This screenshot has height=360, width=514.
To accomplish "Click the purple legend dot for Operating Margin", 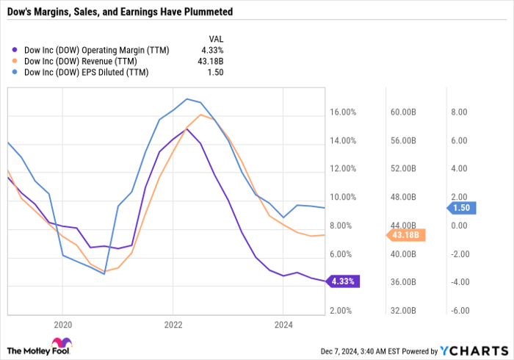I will click(17, 50).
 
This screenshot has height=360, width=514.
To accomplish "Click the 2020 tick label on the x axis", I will click(62, 323).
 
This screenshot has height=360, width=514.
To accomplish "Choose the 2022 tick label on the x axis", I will click(173, 323).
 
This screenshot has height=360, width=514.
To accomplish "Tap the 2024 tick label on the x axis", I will click(283, 323).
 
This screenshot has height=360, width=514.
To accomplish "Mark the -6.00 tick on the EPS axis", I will click(457, 311).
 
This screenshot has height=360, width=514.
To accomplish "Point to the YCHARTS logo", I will click(474, 349).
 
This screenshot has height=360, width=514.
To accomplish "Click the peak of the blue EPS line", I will click(188, 98).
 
